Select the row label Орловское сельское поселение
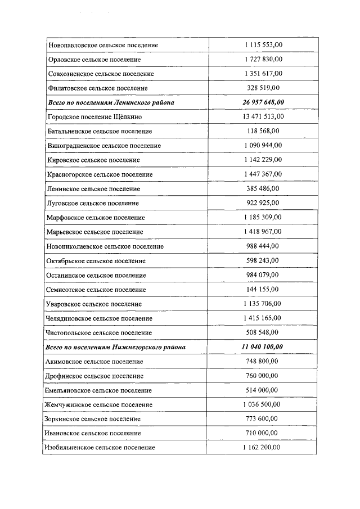pos(94,59)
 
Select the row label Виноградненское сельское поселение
pos(105,146)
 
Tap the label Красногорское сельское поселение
pos(101,174)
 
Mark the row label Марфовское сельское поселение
pos(97,217)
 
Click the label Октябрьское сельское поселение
pos(97,261)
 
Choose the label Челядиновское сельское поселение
pos(100,318)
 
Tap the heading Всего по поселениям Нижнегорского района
pos(115,347)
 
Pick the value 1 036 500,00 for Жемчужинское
pos(263,404)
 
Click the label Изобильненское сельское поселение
pos(100,448)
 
